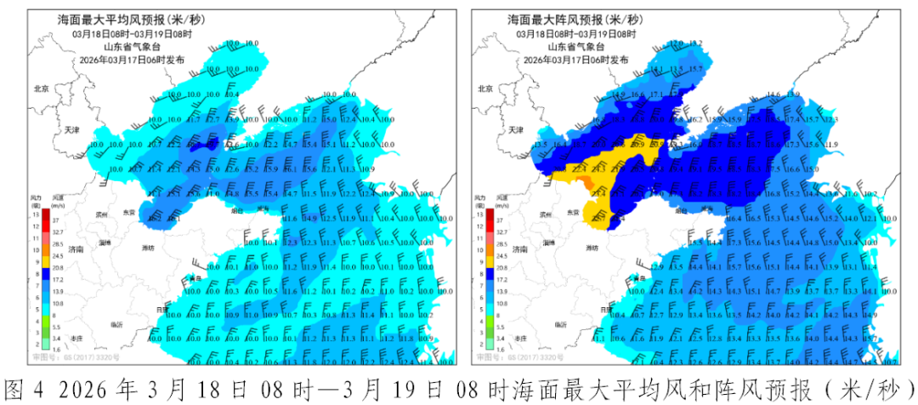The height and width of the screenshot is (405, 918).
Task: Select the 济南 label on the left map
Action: (76, 249)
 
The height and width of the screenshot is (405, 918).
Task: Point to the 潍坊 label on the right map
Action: (593, 248)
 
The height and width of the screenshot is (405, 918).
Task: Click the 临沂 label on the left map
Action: (117, 324)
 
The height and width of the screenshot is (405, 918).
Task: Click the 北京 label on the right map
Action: (485, 88)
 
